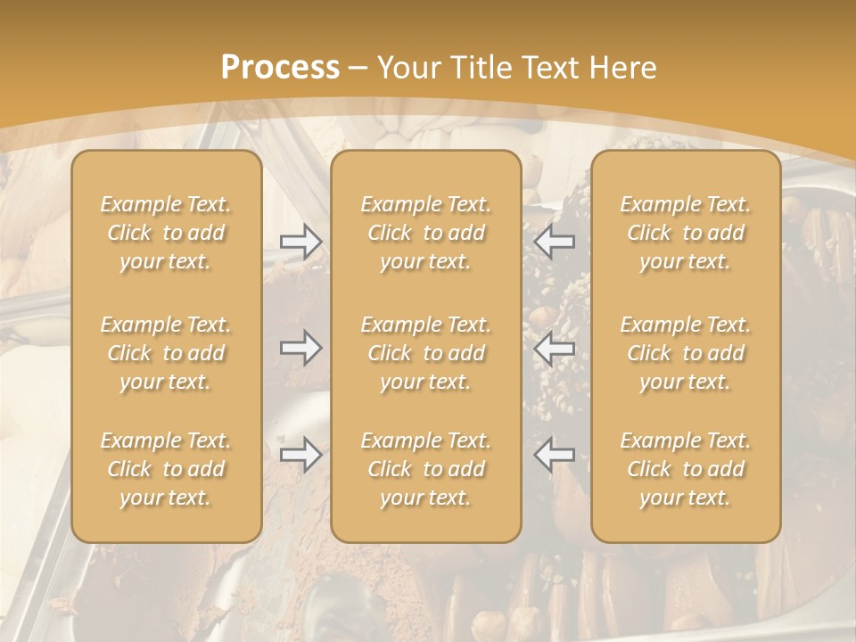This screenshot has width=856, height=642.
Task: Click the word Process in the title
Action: tap(280, 68)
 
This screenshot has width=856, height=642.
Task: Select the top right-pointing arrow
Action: tap(300, 241)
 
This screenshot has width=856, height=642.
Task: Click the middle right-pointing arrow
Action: tap(300, 348)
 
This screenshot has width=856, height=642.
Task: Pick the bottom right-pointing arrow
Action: tap(300, 455)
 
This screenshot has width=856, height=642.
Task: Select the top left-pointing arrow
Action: tap(555, 241)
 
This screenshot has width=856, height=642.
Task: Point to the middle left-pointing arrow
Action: tap(555, 348)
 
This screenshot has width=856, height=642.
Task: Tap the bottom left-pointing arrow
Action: tap(555, 455)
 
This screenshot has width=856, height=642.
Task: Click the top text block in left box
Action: tap(166, 233)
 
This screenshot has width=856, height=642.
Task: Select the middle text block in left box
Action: tap(166, 353)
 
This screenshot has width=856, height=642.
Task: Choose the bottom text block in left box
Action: tap(166, 469)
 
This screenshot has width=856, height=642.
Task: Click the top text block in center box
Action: tap(426, 233)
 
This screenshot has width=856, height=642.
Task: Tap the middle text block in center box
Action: tap(426, 353)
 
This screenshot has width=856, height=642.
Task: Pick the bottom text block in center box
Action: tap(426, 469)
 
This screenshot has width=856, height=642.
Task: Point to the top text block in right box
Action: tap(686, 233)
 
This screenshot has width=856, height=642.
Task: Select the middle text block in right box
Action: tap(686, 353)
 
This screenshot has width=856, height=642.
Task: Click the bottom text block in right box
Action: tap(686, 469)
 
